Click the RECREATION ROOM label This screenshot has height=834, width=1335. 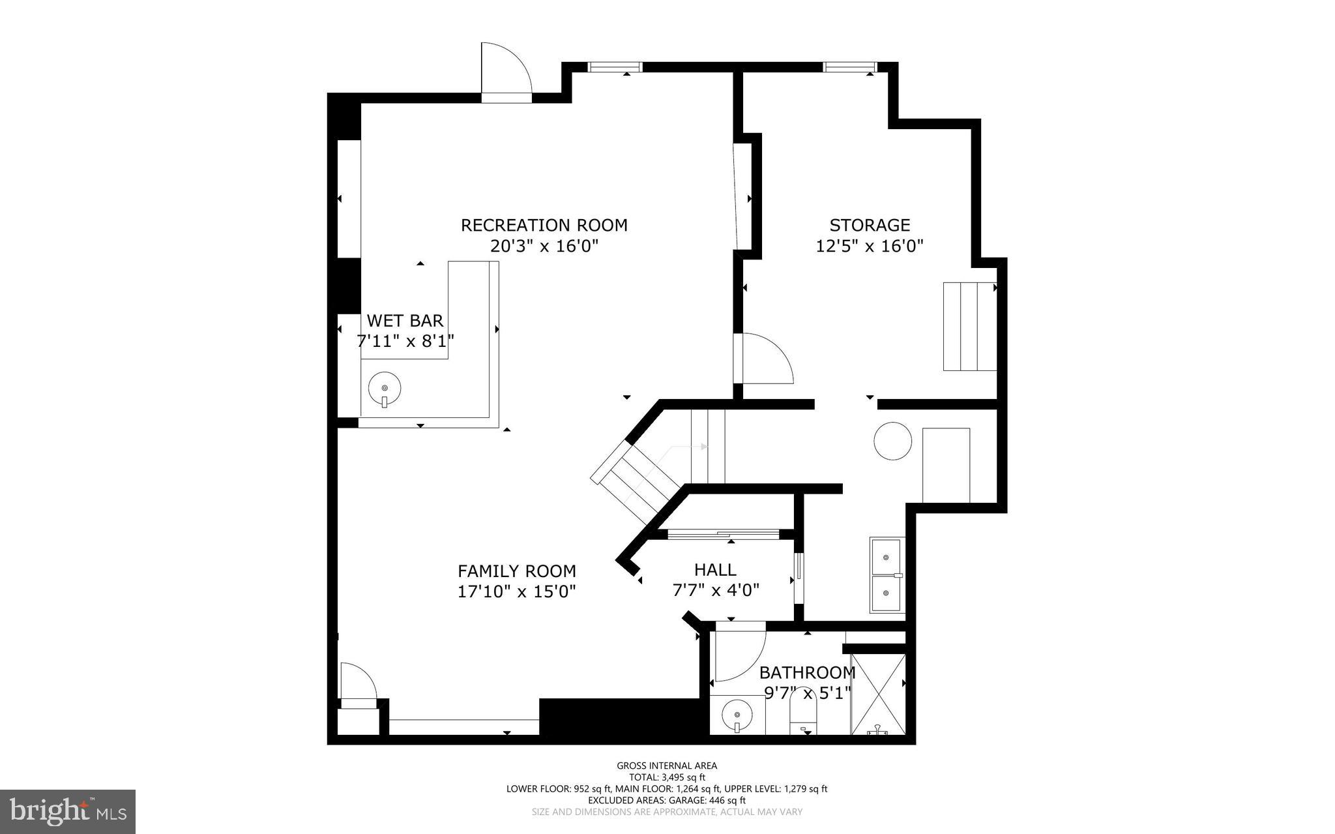click(544, 226)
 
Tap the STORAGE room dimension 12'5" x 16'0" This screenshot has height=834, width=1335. click(870, 246)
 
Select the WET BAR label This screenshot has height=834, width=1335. click(405, 321)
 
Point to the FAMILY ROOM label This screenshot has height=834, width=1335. click(516, 571)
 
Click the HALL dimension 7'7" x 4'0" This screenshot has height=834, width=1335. click(715, 590)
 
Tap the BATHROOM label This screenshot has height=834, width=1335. click(807, 672)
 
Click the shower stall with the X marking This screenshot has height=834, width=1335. click(878, 694)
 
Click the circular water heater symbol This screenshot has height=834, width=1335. click(892, 441)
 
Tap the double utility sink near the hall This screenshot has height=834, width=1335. click(887, 575)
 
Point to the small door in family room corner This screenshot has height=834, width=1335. click(358, 685)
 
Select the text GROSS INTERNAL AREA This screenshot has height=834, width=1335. click(667, 766)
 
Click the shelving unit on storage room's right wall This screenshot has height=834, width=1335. click(969, 326)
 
